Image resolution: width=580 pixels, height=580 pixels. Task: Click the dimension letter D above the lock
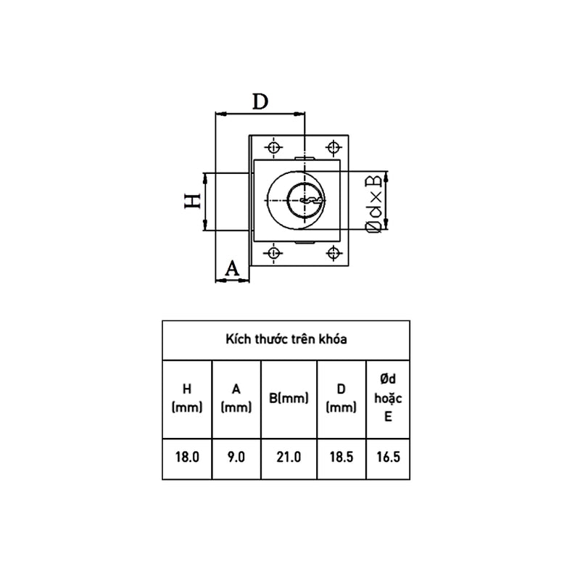click(x=260, y=101)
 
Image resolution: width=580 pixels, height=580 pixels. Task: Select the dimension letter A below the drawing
click(x=232, y=268)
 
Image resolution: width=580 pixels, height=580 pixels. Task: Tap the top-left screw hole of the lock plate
click(x=274, y=149)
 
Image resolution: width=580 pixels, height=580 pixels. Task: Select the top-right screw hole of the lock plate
click(x=334, y=149)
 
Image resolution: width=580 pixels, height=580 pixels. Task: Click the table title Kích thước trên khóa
click(x=286, y=339)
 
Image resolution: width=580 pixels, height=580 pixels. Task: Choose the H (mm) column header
click(x=186, y=398)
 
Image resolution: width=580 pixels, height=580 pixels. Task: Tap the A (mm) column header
click(x=236, y=398)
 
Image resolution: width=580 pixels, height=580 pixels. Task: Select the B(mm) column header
click(x=289, y=398)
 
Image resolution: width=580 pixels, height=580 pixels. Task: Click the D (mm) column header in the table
click(x=341, y=398)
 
